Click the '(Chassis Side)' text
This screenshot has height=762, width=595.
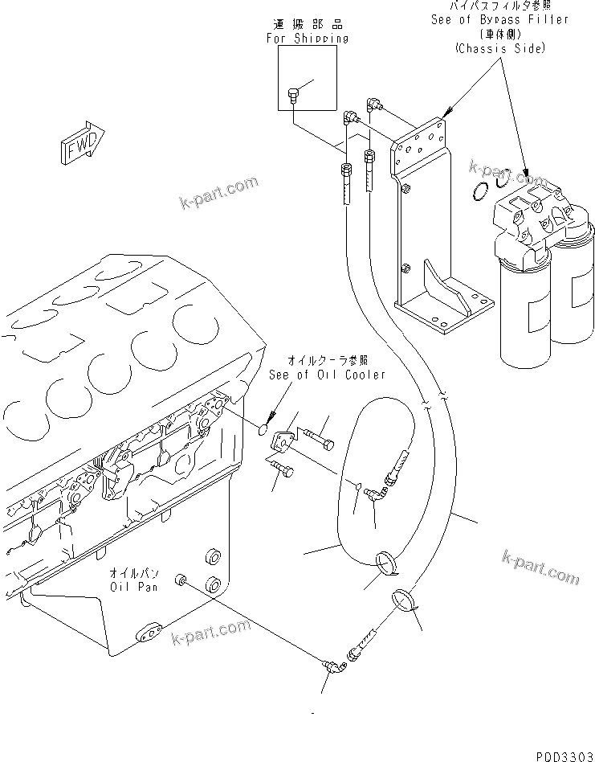pos(499,48)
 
